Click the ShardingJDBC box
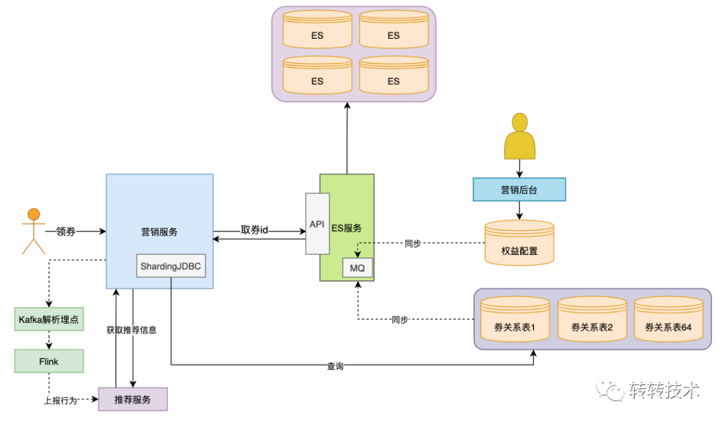click(x=171, y=266)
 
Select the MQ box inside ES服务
click(x=357, y=268)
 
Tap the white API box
click(x=317, y=224)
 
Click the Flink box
click(x=49, y=361)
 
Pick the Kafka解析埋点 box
click(x=49, y=319)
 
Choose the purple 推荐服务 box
click(x=133, y=399)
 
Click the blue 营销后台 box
click(x=519, y=189)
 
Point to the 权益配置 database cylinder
click(x=519, y=243)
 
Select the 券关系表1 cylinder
click(x=515, y=319)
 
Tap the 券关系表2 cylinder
click(x=592, y=319)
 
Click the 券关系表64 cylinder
click(x=669, y=319)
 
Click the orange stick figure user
click(x=33, y=231)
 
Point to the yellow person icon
click(x=519, y=136)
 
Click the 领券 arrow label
click(x=66, y=231)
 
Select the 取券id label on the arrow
click(x=254, y=230)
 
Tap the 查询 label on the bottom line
click(x=335, y=366)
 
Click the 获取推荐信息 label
click(x=131, y=330)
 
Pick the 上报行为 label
click(x=60, y=401)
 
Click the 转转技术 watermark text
click(x=665, y=390)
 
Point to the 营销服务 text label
click(x=159, y=231)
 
